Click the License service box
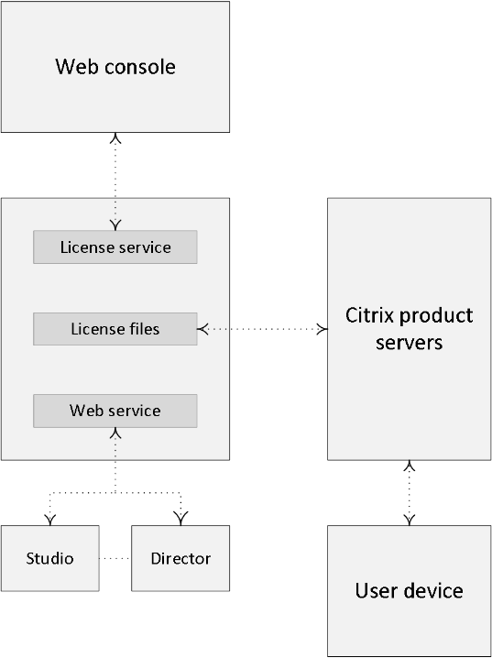115,247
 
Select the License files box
115,329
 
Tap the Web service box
115,411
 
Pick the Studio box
49,558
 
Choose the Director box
180,558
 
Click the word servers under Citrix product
409,342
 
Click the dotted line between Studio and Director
115,558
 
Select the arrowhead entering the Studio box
49,520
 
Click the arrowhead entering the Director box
180,519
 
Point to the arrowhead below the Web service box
115,433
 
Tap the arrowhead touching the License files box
203,329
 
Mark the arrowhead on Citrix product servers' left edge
323,329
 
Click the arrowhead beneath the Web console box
115,138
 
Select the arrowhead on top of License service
115,225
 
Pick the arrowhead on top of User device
409,520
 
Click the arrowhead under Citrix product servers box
409,466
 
